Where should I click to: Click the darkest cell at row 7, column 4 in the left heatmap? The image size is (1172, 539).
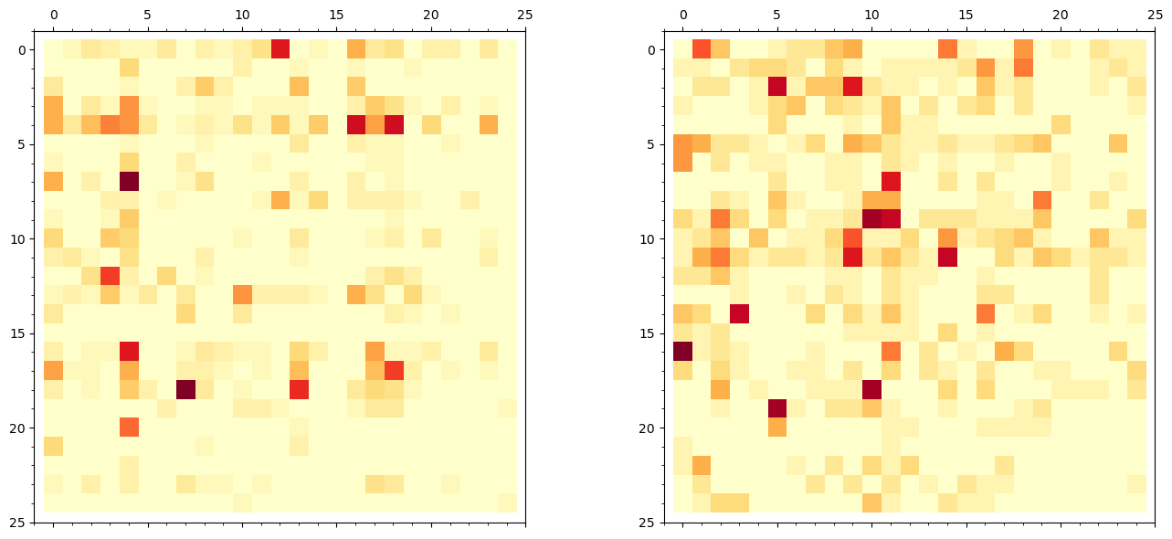(129, 181)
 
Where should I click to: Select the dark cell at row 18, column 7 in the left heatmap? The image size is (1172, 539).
(185, 389)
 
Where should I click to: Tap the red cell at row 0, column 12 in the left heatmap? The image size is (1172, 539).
(280, 48)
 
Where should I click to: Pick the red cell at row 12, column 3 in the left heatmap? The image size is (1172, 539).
(110, 276)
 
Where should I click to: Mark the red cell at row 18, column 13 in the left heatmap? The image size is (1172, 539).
(299, 389)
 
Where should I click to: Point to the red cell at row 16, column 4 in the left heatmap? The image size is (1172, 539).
(129, 352)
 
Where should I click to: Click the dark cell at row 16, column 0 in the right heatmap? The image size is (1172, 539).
(682, 352)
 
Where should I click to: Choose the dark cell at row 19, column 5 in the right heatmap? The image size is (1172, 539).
(777, 408)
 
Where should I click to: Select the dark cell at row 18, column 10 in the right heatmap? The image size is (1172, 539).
(871, 389)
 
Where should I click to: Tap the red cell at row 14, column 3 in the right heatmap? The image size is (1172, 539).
(739, 313)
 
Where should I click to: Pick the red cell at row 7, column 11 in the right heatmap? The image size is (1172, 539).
(891, 181)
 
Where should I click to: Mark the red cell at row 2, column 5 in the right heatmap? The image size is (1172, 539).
(777, 87)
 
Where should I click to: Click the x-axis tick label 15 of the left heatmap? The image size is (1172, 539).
(337, 16)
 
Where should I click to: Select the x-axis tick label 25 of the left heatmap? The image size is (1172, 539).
(525, 16)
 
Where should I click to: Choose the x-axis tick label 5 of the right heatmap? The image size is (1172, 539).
(777, 16)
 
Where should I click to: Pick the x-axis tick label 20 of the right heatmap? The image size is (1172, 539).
(1061, 16)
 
